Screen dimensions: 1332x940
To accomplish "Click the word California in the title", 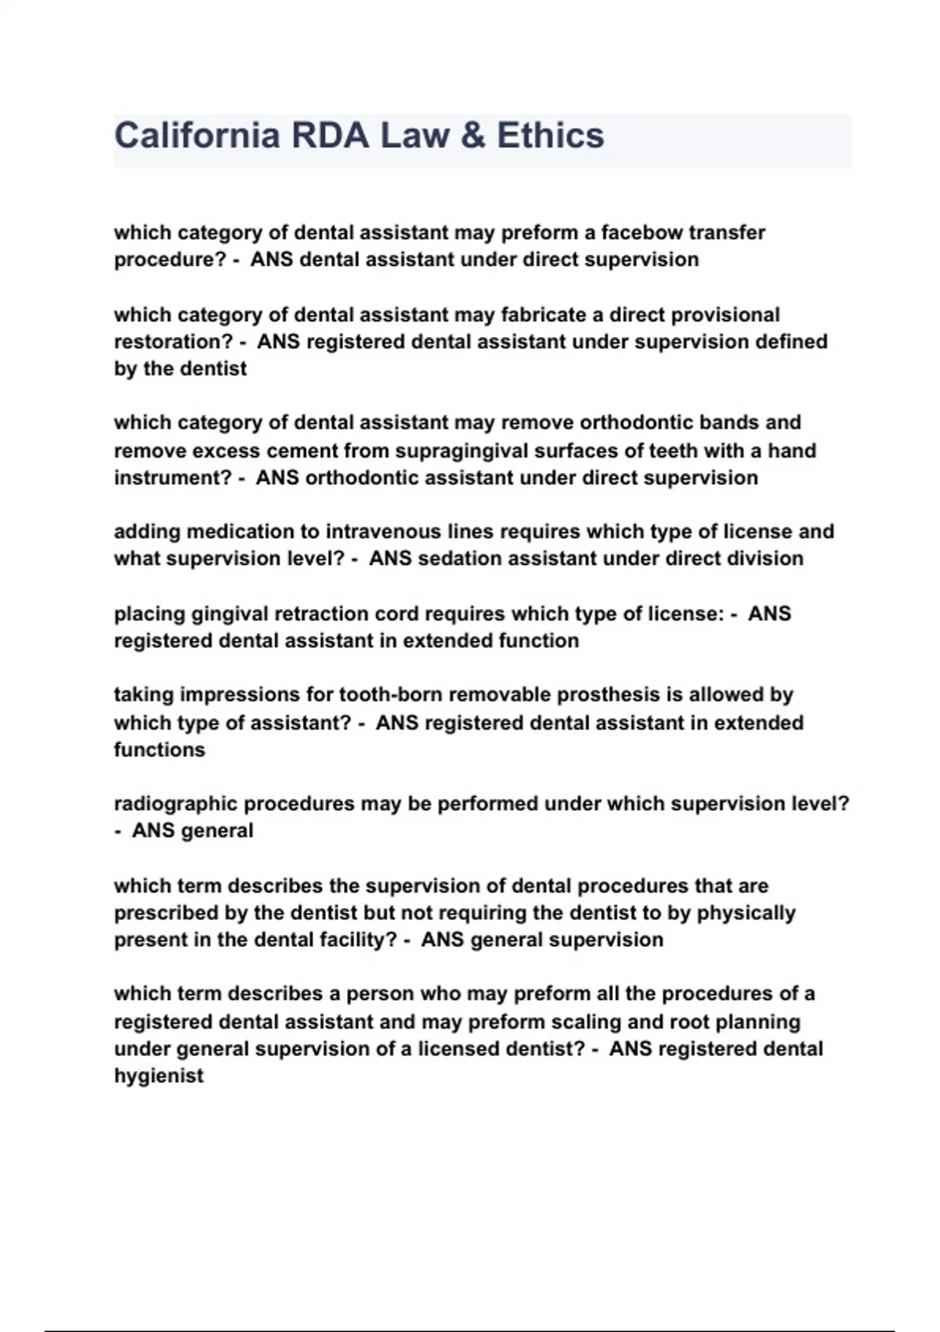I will coord(197,135).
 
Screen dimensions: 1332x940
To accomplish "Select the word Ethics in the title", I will coord(550,135).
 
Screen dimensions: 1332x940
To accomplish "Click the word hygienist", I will coord(159,1077).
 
